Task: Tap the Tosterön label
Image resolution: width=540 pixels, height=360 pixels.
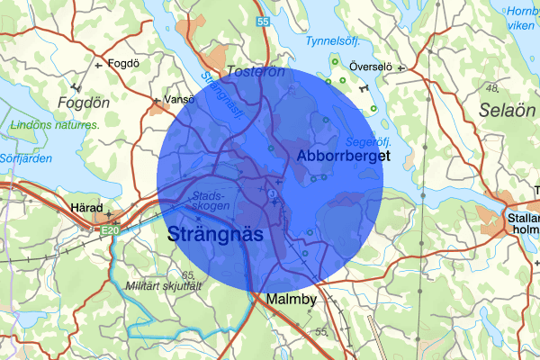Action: point(256,70)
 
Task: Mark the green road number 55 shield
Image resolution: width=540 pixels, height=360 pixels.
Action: point(262,21)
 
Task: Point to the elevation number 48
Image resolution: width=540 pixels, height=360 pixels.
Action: point(491,87)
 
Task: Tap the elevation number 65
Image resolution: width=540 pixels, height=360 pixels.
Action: point(187,274)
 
